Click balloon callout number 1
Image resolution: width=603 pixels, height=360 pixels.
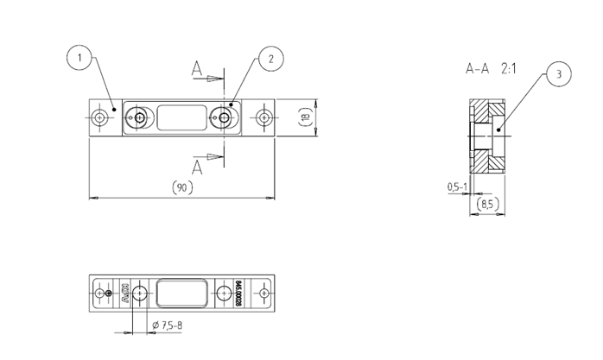pyautogui.click(x=79, y=58)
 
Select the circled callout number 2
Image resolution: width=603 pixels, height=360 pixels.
pyautogui.click(x=270, y=58)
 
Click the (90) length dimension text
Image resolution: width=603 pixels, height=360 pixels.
pyautogui.click(x=181, y=186)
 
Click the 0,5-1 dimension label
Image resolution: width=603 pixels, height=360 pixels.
pyautogui.click(x=457, y=186)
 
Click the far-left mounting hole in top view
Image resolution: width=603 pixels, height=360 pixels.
pyautogui.click(x=103, y=117)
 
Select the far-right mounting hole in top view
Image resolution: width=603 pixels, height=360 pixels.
pyautogui.click(x=263, y=117)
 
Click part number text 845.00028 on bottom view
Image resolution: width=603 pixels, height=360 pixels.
pyautogui.click(x=238, y=294)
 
